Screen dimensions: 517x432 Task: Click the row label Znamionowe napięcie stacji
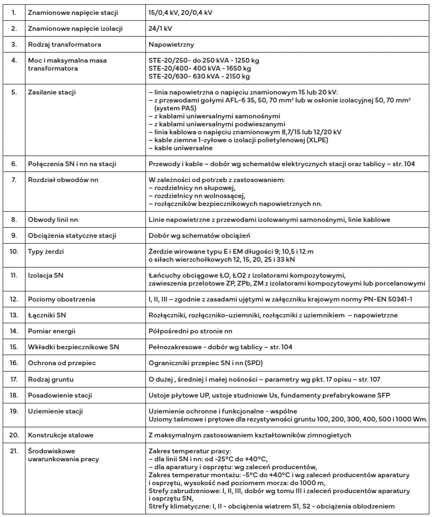[73, 12]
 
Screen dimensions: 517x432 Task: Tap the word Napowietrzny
[170, 45]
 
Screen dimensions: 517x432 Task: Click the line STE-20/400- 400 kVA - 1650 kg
[200, 68]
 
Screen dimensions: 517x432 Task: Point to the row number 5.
[14, 92]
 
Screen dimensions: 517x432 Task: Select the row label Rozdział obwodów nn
[63, 180]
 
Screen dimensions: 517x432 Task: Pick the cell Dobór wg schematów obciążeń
[199, 235]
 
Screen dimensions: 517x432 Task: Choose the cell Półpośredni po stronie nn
[191, 331]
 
